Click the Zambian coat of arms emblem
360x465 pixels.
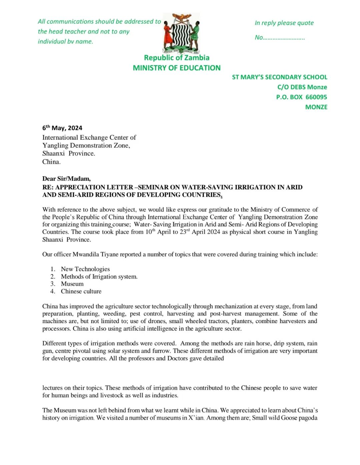181,33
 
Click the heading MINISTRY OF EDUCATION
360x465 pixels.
177,68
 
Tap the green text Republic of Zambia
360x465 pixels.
177,58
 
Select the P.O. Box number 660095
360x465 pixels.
316,97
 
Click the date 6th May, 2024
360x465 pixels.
62,128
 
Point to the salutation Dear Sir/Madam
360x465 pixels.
66,179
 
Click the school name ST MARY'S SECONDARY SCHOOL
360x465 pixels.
280,77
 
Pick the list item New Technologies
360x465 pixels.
85,269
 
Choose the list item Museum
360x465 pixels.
72,284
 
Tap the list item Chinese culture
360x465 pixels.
81,291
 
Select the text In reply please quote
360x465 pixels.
284,23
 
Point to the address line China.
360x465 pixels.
51,162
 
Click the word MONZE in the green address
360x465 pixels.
316,107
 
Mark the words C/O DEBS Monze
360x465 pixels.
302,87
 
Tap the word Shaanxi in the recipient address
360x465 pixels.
53,153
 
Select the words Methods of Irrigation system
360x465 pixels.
99,276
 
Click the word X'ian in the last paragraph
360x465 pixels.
196,418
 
